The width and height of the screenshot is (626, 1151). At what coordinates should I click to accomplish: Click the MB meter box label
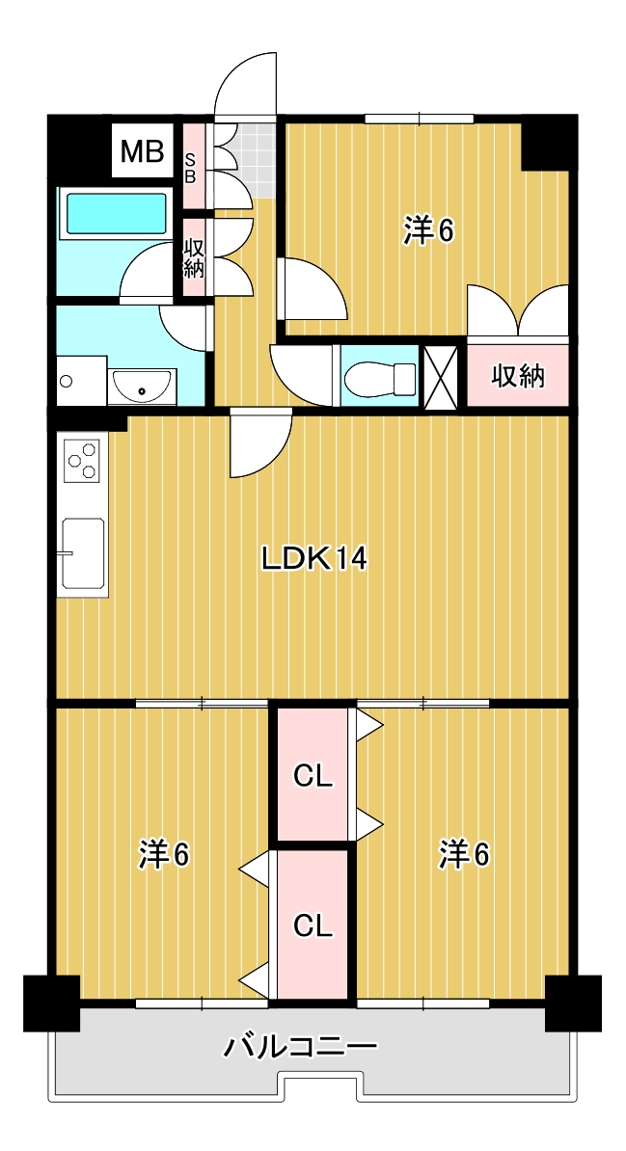coord(142,151)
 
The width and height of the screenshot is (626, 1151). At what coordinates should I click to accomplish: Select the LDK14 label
coord(313,560)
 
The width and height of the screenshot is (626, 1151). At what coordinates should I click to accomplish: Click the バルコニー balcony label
coord(301,1045)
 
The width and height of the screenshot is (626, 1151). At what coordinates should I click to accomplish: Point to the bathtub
coord(116,214)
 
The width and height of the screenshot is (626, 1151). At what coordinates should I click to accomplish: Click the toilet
coord(381,376)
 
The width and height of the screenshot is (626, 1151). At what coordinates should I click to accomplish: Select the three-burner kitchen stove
coord(82,460)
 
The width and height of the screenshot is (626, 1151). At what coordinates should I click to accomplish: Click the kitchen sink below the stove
coord(83,552)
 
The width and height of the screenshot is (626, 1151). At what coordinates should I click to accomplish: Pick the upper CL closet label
coord(313,775)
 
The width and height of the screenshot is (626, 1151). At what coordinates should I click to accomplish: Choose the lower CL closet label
coord(313,925)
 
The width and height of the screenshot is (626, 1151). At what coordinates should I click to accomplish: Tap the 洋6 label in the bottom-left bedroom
coord(165,854)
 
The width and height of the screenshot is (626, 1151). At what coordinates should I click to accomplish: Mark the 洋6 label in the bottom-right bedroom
coord(464,854)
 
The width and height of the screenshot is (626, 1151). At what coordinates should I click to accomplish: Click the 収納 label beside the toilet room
coord(519,376)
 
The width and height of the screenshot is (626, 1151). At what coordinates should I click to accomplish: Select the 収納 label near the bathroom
coord(193,258)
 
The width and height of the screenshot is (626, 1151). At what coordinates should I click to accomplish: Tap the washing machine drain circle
coord(68,381)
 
